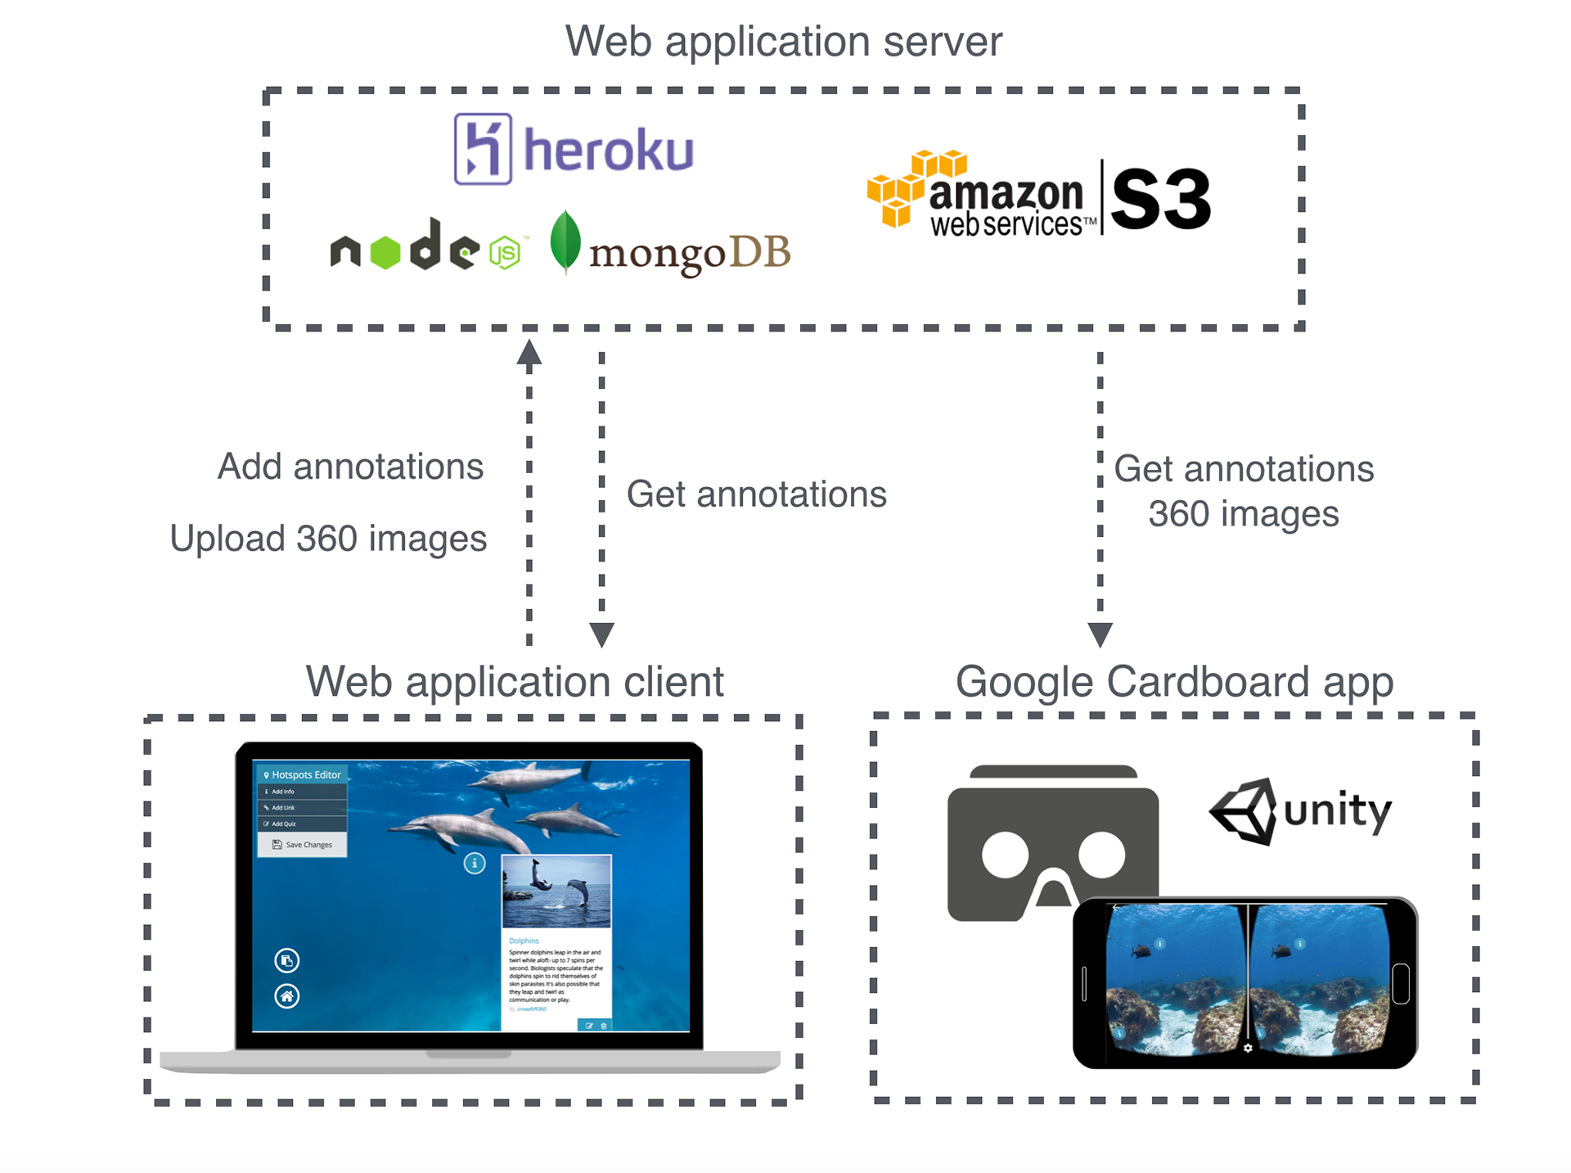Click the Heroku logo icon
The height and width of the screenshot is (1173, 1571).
click(x=483, y=150)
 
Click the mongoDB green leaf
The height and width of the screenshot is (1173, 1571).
click(x=565, y=241)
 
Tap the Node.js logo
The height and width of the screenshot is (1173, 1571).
click(x=425, y=247)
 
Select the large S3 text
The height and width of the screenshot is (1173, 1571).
click(x=1160, y=199)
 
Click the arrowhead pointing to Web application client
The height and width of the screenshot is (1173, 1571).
click(x=601, y=634)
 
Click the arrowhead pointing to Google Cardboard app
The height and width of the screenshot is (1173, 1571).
click(x=1100, y=634)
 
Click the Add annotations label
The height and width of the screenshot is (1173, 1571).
click(x=350, y=467)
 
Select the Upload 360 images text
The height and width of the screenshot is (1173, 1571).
click(x=328, y=539)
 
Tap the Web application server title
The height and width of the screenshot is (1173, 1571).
click(x=783, y=41)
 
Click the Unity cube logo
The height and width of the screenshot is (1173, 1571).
click(x=1245, y=811)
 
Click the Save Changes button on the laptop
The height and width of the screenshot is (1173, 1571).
click(x=302, y=845)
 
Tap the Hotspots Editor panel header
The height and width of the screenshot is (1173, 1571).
click(x=302, y=774)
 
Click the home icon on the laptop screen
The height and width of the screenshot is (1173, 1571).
click(x=286, y=996)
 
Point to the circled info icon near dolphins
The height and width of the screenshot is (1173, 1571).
click(x=475, y=863)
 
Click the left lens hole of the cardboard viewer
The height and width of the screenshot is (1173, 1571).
click(x=1005, y=855)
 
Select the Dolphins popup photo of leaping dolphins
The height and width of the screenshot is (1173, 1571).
click(x=556, y=891)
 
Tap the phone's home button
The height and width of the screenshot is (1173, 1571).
click(x=1401, y=983)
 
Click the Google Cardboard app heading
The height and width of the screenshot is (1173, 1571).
click(x=1174, y=682)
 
